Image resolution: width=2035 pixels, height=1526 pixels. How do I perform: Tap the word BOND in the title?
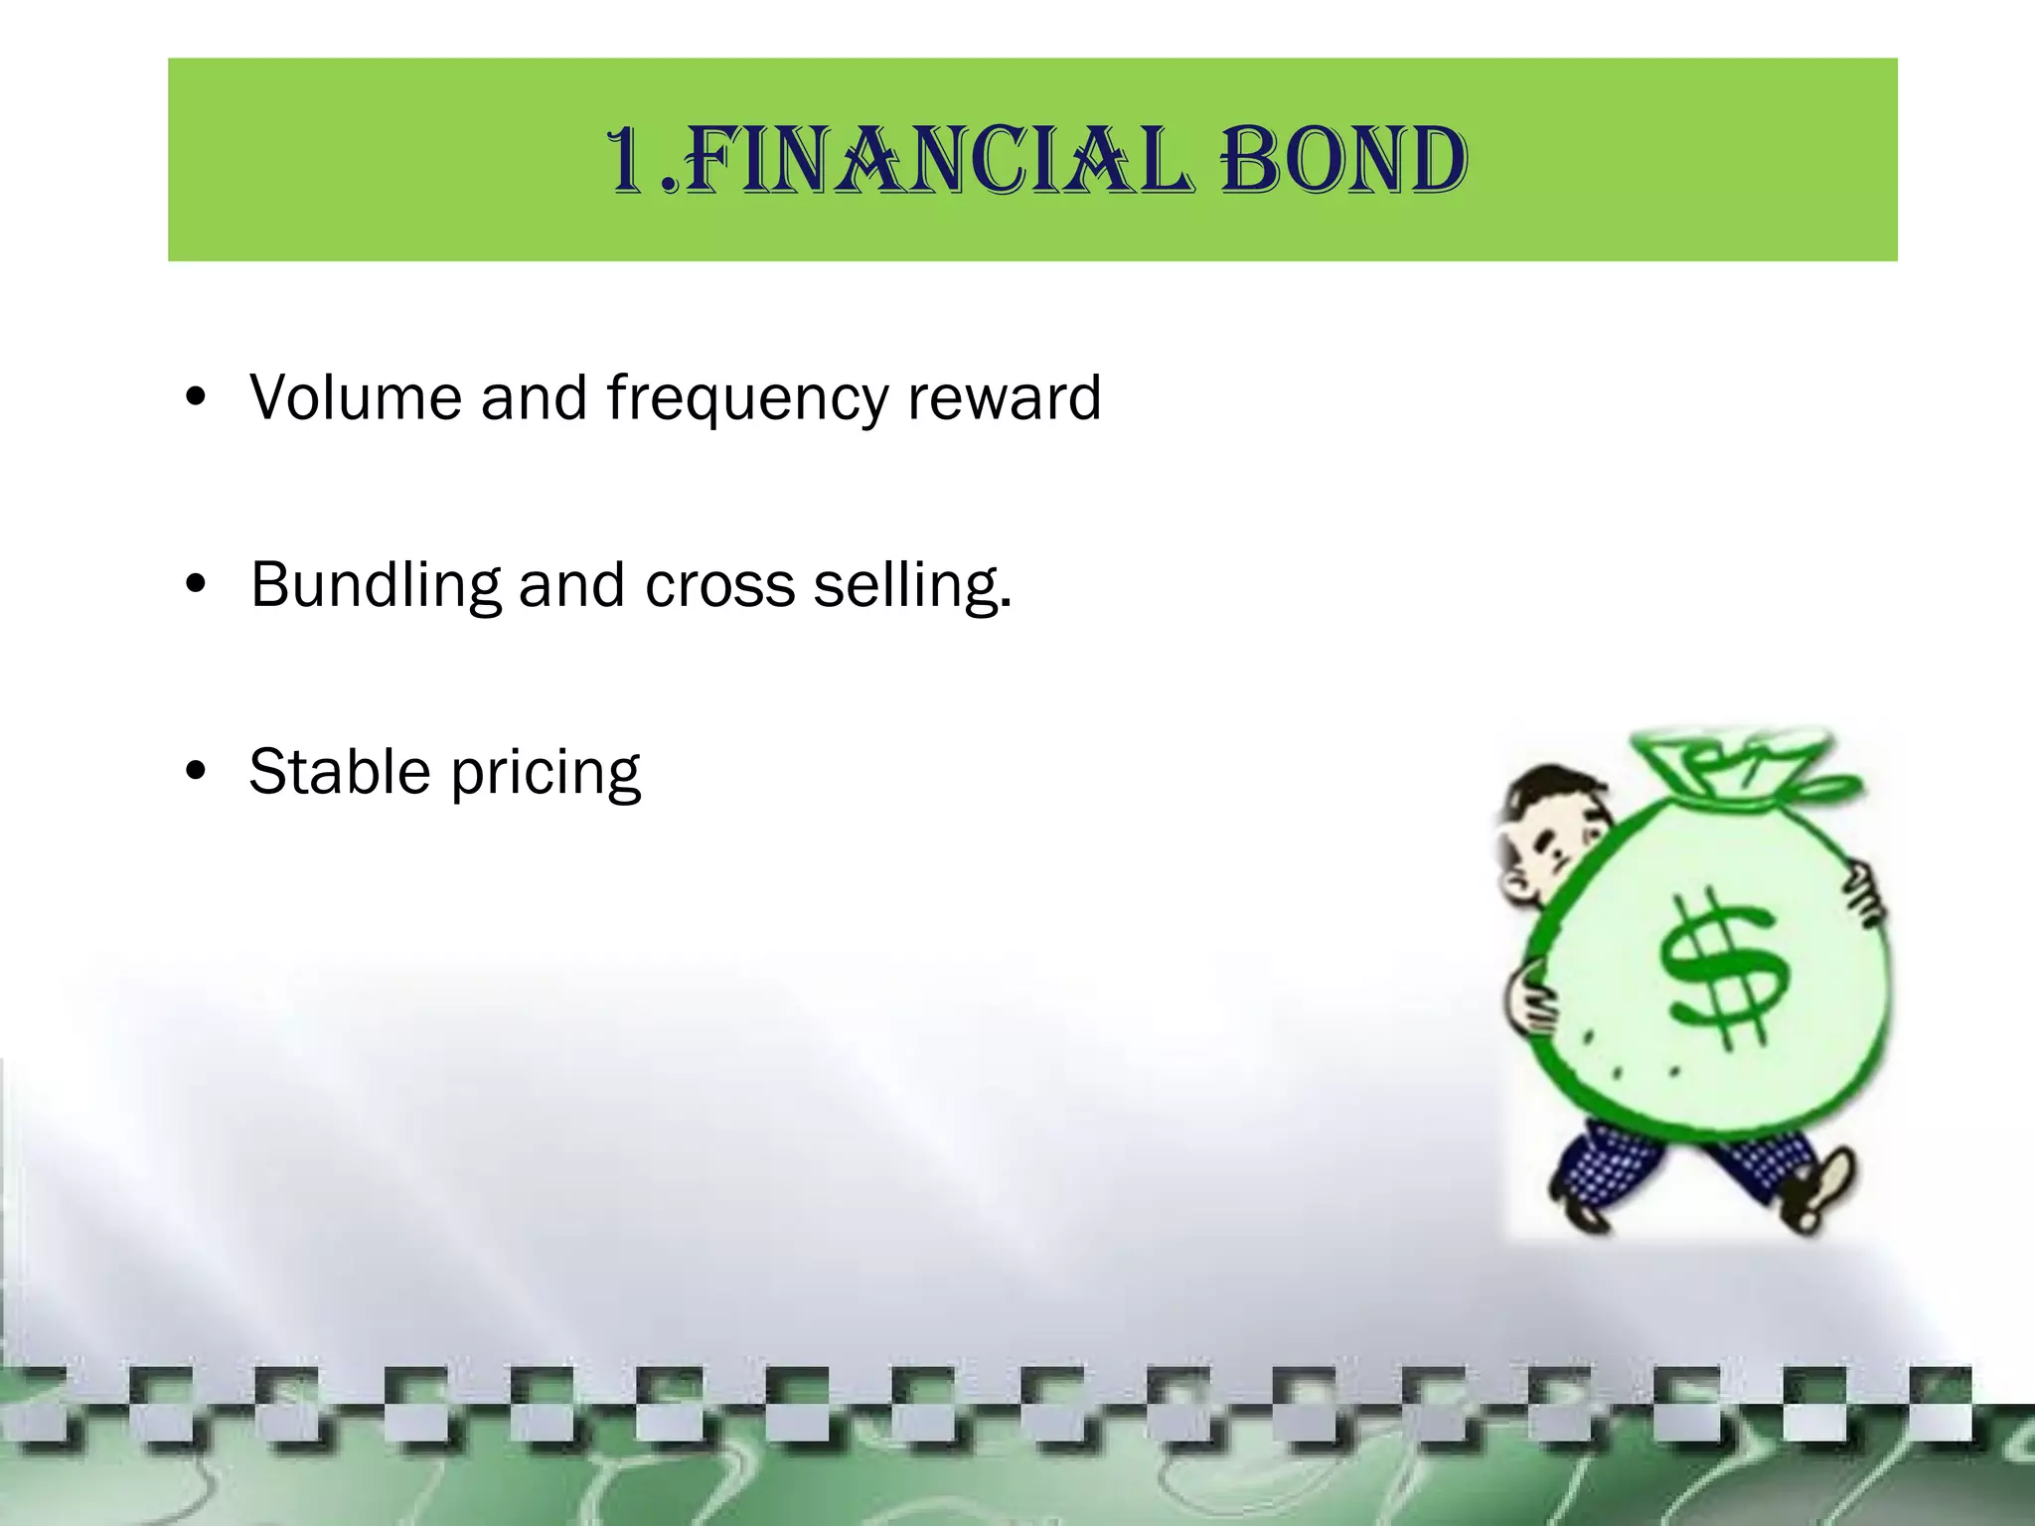1343,161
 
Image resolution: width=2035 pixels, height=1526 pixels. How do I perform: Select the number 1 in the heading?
628,161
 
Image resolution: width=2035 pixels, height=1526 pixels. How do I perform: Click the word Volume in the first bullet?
355,397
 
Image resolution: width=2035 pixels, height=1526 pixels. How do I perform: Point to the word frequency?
747,399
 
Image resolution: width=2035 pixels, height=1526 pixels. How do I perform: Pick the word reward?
1004,397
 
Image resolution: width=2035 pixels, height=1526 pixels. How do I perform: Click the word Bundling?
376,585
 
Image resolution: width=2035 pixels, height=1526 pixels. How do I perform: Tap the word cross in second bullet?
719,585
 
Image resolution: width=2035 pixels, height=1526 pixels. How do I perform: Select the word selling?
910,585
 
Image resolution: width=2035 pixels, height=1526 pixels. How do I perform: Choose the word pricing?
546,774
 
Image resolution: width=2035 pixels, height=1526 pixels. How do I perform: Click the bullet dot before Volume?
196,397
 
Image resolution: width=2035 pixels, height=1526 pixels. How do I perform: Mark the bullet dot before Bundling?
196,584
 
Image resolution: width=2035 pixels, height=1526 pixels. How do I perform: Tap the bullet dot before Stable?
196,771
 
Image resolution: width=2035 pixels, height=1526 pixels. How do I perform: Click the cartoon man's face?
1550,839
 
